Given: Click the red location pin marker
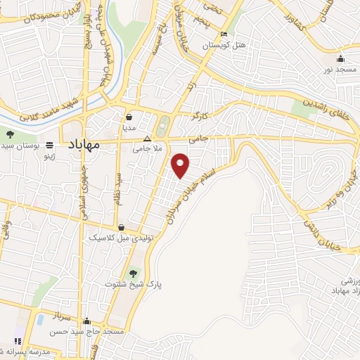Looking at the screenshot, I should point(181,165).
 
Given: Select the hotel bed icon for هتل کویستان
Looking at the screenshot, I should point(224,34).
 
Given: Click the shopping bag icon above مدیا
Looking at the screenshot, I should point(129,117).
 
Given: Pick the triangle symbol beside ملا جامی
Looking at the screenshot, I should point(146,139).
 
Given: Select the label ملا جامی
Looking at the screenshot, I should point(148,149).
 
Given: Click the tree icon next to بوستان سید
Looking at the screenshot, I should point(10,134).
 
